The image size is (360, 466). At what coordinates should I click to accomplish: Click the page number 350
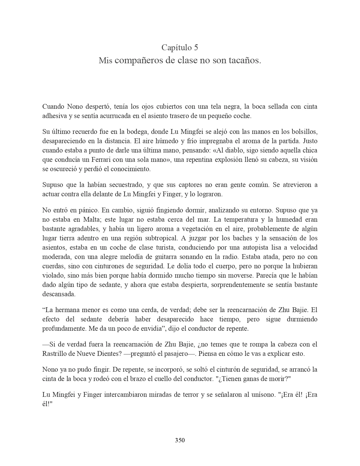[180, 440]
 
